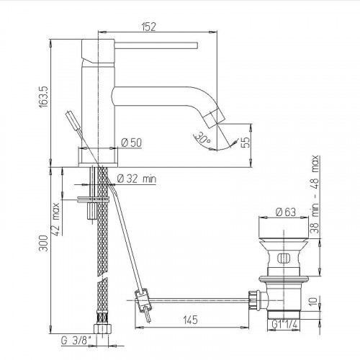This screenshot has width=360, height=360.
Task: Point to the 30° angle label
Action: tap(204, 137)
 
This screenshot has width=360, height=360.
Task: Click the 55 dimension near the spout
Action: tap(246, 143)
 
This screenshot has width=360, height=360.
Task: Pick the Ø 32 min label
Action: tap(137, 178)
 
